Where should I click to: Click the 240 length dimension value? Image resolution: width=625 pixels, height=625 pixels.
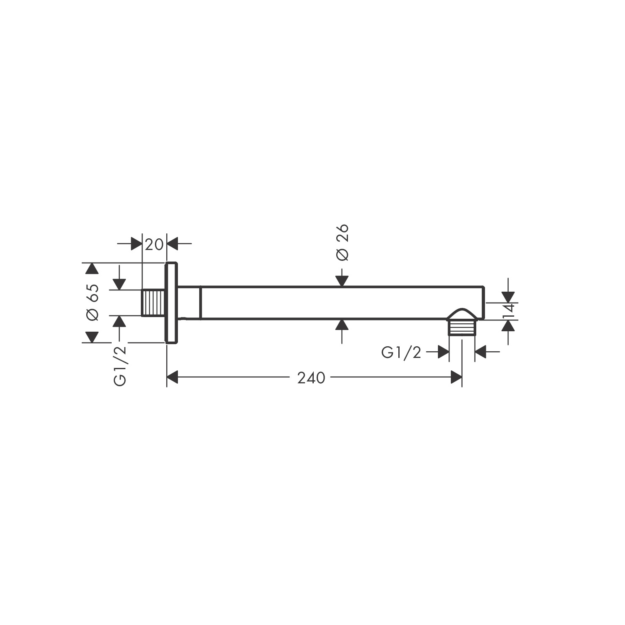click(x=311, y=378)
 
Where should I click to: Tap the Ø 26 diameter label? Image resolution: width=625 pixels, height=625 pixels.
click(x=342, y=242)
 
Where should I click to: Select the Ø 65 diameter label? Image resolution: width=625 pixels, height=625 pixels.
click(x=92, y=302)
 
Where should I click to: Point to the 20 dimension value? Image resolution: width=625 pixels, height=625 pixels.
click(x=154, y=244)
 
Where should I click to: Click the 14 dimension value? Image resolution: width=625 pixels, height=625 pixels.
click(x=509, y=311)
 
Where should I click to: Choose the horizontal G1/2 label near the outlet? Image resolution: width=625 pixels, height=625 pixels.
click(x=401, y=353)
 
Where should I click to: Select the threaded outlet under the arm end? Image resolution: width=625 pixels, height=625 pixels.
click(x=462, y=327)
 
